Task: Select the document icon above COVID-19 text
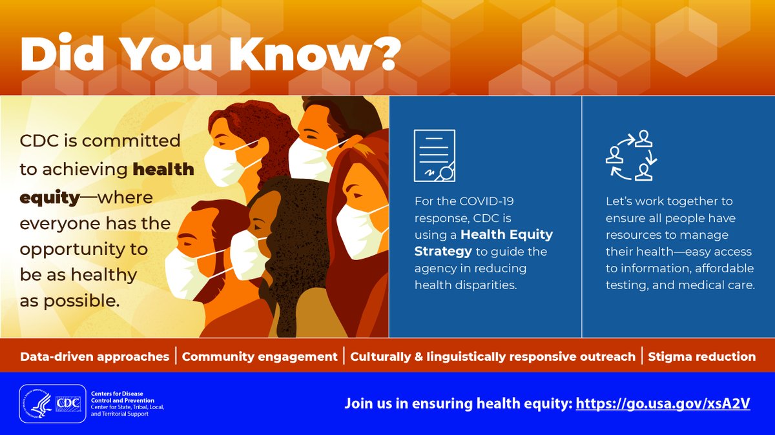[x=434, y=156]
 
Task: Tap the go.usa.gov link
[x=663, y=404]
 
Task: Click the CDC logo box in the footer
[x=68, y=403]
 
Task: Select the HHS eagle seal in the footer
[x=38, y=403]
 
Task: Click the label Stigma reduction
[x=701, y=356]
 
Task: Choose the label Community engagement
[x=260, y=356]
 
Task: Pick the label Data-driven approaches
[x=94, y=356]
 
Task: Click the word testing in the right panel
[x=625, y=285]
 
